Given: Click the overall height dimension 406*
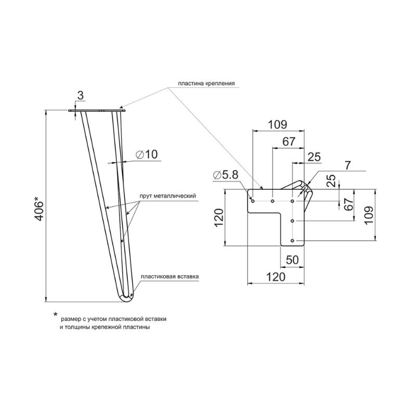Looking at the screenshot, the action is (x=39, y=209).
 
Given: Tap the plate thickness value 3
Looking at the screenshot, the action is (x=81, y=96).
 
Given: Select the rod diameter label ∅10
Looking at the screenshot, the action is (x=147, y=154).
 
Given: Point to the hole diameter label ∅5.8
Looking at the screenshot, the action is (x=226, y=175).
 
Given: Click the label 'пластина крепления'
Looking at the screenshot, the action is (x=206, y=83).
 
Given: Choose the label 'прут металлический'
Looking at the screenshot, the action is (x=168, y=196).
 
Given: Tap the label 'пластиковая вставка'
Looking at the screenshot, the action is (x=170, y=277).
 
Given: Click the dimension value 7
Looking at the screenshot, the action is (x=348, y=165).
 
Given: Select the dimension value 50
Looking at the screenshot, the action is (x=292, y=260).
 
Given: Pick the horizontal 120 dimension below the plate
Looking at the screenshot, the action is (x=276, y=277).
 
